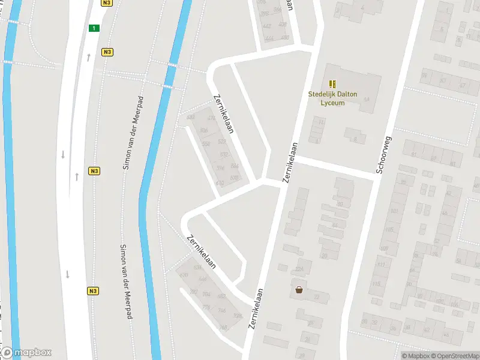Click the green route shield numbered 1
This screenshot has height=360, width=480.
pyautogui.click(x=94, y=28)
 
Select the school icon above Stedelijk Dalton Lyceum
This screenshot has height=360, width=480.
pyautogui.click(x=332, y=85)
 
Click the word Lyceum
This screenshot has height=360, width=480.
pyautogui.click(x=332, y=103)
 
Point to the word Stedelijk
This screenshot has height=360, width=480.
pyautogui.click(x=322, y=94)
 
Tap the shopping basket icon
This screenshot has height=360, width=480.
pyautogui.click(x=299, y=290)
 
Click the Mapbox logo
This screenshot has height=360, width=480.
pyautogui.click(x=26, y=352)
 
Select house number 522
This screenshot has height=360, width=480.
pyautogui.click(x=222, y=142)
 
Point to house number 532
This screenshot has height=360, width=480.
pyautogui.click(x=224, y=154)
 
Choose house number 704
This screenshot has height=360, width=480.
pyautogui.click(x=206, y=294)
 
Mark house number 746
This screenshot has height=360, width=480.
pyautogui.click(x=221, y=310)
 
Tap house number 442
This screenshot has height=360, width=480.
pyautogui.click(x=266, y=26)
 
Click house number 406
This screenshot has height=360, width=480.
pyautogui.click(x=283, y=25)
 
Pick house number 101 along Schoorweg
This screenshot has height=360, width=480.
pyautogui.click(x=394, y=211)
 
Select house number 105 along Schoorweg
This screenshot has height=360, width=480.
pyautogui.click(x=389, y=230)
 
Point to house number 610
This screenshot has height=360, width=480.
pyautogui.click(x=220, y=183)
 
